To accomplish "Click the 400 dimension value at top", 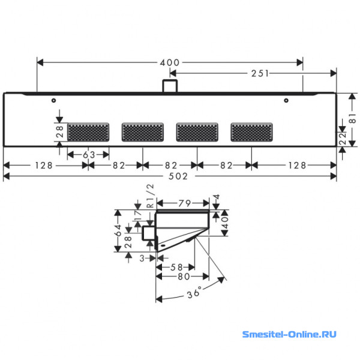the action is pos(170,62).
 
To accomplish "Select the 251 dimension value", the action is pos(260,73).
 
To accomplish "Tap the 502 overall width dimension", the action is pos(178,176).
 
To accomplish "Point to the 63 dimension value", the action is pos(89,155).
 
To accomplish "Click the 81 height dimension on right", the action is pos(352,118).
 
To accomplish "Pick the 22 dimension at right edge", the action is pos(343,139).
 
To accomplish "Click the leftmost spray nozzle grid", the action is pos(88,132).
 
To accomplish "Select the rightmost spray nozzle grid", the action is pos(251,132).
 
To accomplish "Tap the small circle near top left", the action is pos(54,100).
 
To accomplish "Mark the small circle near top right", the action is pos(286,100).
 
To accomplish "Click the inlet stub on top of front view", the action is pos(170,86).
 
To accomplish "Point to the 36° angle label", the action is pos(194,292).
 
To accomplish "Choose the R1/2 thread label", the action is pos(150,196).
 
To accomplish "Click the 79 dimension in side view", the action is pos(185,203).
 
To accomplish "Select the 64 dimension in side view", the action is pos(118,230).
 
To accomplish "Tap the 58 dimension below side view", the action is pos(176,267).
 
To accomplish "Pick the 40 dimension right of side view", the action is pos(225,222).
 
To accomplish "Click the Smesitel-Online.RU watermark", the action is pos(289,334).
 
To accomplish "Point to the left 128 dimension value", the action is pos(44,166).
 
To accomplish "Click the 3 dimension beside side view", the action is pos(142,258).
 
